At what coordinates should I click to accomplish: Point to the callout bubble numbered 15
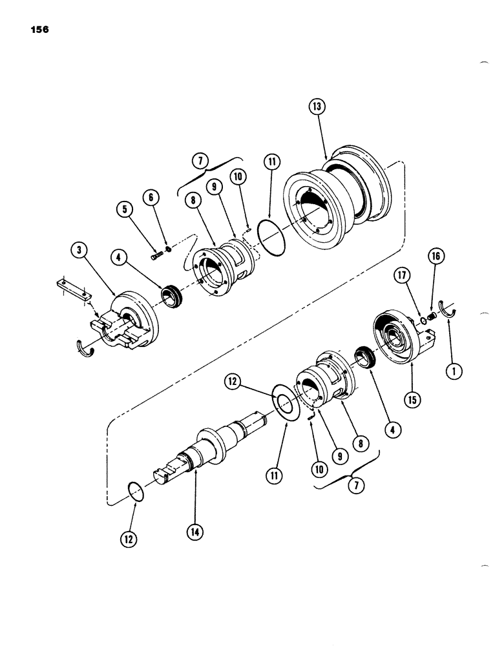[412, 399]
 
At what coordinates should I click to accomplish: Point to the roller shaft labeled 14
[200, 452]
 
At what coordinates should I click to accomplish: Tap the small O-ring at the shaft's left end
[135, 490]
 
